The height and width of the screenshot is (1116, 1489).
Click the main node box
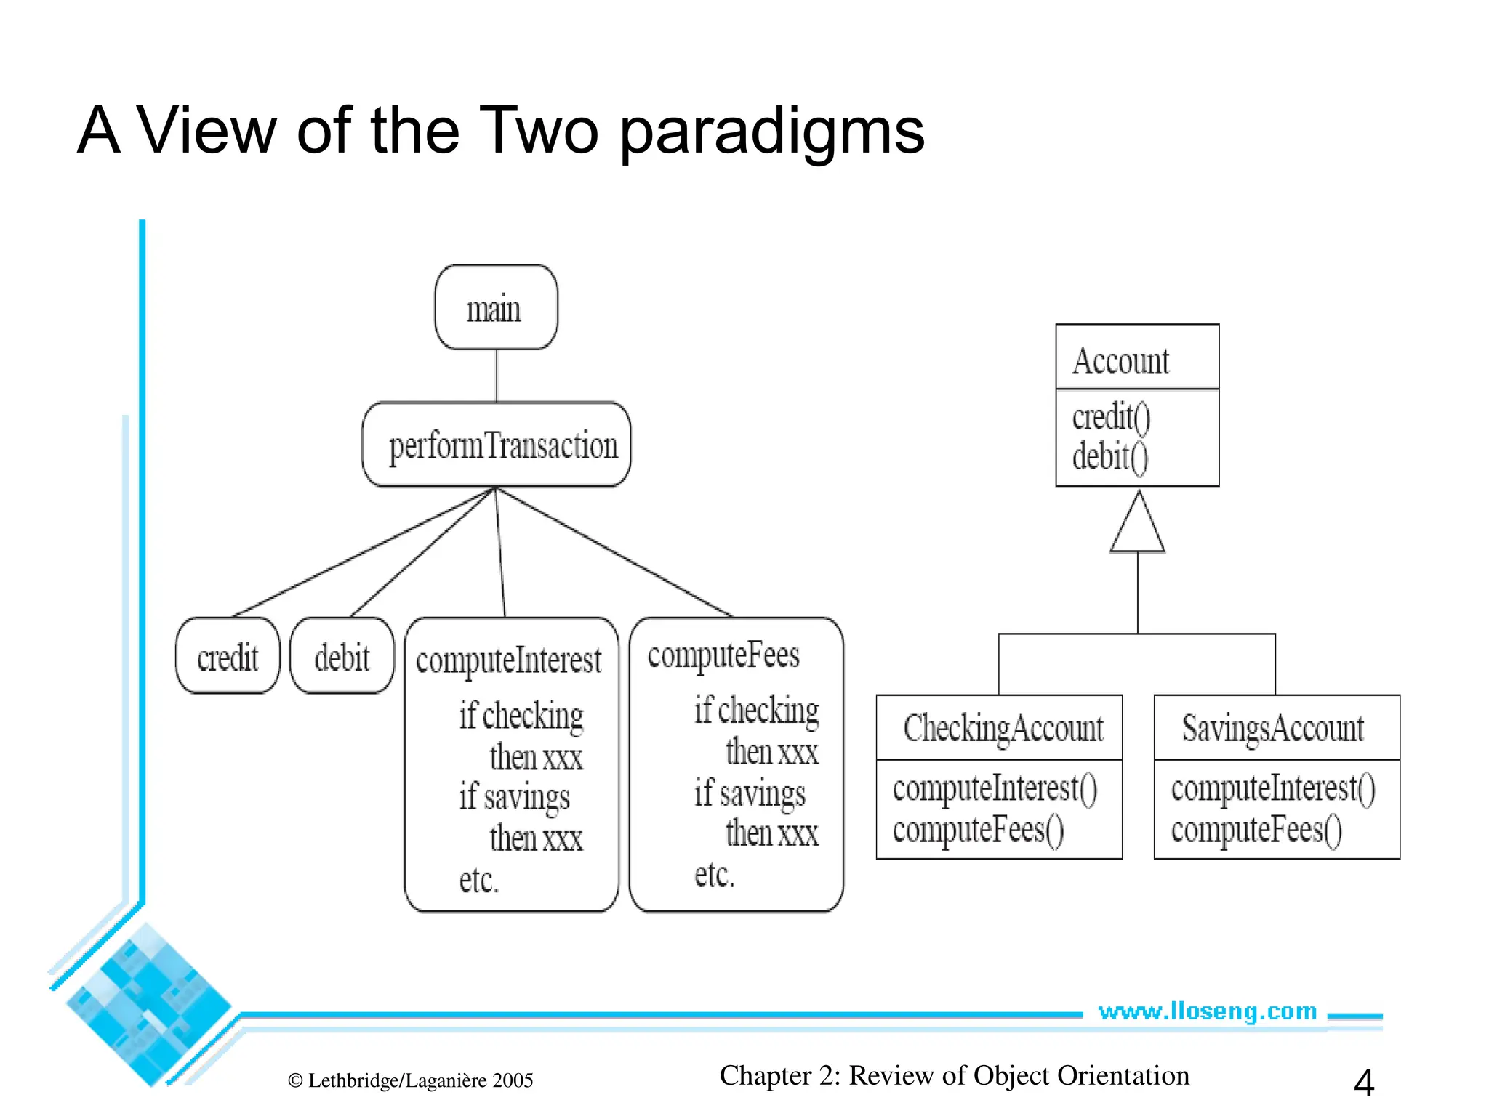tap(496, 307)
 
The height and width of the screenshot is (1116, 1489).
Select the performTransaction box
tap(496, 445)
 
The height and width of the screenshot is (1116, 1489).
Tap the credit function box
tap(228, 656)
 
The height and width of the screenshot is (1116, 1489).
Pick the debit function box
tap(342, 656)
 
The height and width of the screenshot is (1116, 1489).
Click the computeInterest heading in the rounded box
tap(508, 660)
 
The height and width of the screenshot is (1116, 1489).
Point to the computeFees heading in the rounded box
tap(723, 655)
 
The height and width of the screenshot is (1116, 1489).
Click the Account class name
tap(1120, 360)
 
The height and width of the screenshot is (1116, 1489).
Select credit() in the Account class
tap(1111, 417)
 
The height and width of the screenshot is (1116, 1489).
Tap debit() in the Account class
tap(1110, 457)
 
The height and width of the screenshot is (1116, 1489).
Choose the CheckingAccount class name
tap(1003, 728)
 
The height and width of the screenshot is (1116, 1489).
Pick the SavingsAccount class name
tap(1272, 728)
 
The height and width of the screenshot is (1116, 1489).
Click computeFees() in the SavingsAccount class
tap(1256, 830)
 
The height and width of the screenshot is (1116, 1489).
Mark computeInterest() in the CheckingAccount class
tap(995, 788)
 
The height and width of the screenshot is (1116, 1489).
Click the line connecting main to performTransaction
tap(497, 376)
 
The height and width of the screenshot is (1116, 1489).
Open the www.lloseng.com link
tap(1207, 1011)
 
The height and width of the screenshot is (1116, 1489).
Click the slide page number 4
tap(1363, 1083)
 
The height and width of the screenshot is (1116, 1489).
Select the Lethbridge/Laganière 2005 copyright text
tap(411, 1080)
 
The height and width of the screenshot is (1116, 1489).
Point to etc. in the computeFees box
tap(714, 875)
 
